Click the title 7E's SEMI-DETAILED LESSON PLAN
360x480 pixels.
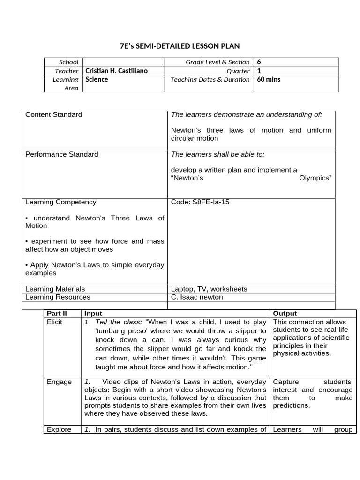pos(180,45)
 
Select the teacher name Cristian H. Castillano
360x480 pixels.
pos(116,71)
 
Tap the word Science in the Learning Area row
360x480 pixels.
pos(97,80)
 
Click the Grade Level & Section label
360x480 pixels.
pos(217,62)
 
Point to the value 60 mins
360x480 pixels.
pos(269,80)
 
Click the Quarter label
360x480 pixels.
pos(238,71)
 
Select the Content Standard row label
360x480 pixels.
pos(53,115)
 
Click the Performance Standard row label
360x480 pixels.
pos(61,154)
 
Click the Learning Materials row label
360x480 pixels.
pos(55,289)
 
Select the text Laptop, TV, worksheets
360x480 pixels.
pos(209,289)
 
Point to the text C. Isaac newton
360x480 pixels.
pos(197,297)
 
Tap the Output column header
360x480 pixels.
pos(285,314)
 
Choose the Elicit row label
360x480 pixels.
pos(54,322)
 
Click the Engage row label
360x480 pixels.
pos(59,382)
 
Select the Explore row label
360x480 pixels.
pos(59,430)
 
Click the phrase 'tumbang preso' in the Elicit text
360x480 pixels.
pos(118,331)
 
